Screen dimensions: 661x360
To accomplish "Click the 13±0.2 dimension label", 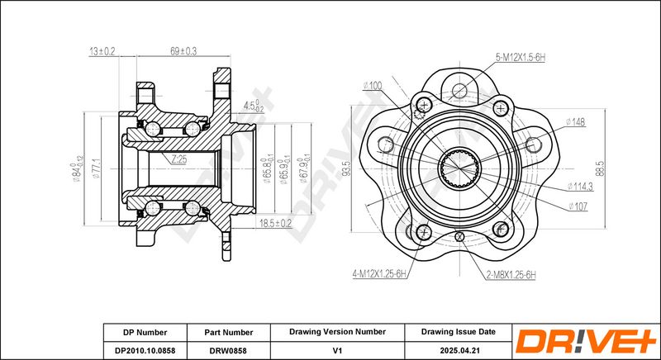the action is click(x=102, y=52).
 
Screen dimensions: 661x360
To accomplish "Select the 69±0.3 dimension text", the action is click(x=183, y=51).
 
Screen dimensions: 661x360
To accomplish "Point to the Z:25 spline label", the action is click(x=178, y=159).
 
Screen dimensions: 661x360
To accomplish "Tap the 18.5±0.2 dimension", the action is click(x=275, y=223).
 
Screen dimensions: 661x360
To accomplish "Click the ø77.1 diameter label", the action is click(x=96, y=168).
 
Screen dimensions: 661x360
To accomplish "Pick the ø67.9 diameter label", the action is click(x=302, y=171).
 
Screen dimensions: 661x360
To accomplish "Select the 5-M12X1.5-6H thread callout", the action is click(x=521, y=58).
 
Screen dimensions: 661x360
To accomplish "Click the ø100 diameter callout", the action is click(x=373, y=86).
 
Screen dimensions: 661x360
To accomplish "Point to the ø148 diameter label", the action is click(x=575, y=122).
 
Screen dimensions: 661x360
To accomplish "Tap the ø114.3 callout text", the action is click(x=580, y=186).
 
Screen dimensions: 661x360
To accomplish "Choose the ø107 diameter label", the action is click(x=578, y=206).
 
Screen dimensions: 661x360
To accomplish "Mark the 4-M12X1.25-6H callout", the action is click(x=380, y=274).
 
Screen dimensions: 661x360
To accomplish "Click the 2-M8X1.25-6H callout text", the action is click(x=511, y=276).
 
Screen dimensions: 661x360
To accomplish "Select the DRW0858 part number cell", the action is click(x=229, y=350).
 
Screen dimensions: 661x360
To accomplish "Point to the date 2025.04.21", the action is click(x=459, y=350).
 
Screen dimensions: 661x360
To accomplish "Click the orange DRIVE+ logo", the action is click(x=587, y=341).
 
